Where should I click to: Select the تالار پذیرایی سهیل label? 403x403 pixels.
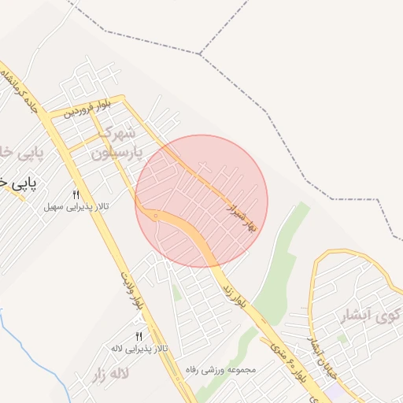pos(76,207)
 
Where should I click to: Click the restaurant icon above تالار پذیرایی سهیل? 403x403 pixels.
pos(76,194)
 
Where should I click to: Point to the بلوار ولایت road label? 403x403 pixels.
pos(133,292)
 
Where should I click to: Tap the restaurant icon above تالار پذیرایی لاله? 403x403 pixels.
pos(139,336)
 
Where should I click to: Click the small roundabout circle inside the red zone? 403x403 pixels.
pos(156,215)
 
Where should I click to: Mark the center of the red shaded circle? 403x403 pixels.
pos(201,201)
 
